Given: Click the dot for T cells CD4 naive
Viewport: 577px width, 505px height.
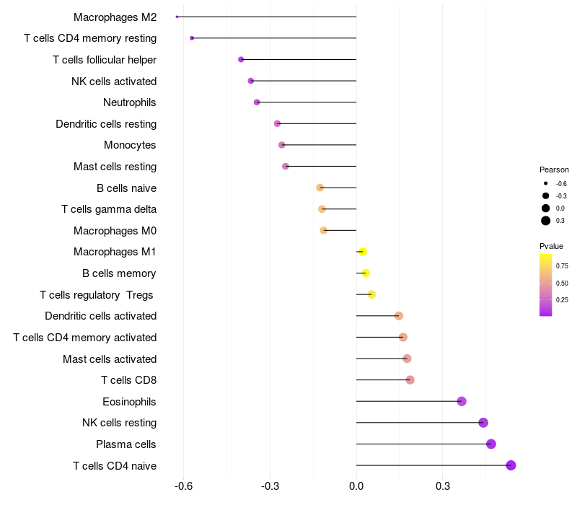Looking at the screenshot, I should pyautogui.click(x=511, y=465).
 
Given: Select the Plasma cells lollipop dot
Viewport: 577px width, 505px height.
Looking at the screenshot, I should pyautogui.click(x=491, y=444).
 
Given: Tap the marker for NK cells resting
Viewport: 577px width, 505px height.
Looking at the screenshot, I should pyautogui.click(x=483, y=423).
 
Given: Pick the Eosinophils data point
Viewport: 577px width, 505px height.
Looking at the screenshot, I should pyautogui.click(x=462, y=401).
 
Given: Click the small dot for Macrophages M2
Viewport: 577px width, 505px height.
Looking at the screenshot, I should pyautogui.click(x=177, y=17).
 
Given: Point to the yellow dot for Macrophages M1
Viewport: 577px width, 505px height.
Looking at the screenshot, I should pyautogui.click(x=363, y=252).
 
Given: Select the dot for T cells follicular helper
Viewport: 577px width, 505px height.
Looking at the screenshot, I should pyautogui.click(x=241, y=59).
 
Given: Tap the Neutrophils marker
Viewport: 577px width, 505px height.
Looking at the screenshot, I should pyautogui.click(x=257, y=102).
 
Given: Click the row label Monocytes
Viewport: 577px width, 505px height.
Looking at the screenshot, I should pyautogui.click(x=130, y=145).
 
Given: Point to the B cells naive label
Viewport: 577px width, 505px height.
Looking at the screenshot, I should pyautogui.click(x=126, y=188).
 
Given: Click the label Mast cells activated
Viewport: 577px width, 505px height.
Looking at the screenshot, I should pyautogui.click(x=110, y=359).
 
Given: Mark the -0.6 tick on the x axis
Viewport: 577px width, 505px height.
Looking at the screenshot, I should pyautogui.click(x=183, y=486).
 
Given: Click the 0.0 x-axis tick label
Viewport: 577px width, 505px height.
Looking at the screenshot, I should pyautogui.click(x=356, y=486).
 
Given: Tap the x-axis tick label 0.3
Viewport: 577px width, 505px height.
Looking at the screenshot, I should pyautogui.click(x=443, y=486).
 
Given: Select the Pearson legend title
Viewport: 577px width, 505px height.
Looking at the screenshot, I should pyautogui.click(x=554, y=170).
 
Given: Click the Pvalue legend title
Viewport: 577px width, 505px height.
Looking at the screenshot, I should pyautogui.click(x=552, y=246).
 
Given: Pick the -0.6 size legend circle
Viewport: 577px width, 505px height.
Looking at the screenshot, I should pyautogui.click(x=546, y=183).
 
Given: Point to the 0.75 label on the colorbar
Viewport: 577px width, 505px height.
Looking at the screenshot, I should pyautogui.click(x=562, y=265).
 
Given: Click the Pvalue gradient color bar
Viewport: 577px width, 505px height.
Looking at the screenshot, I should pyautogui.click(x=546, y=285).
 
